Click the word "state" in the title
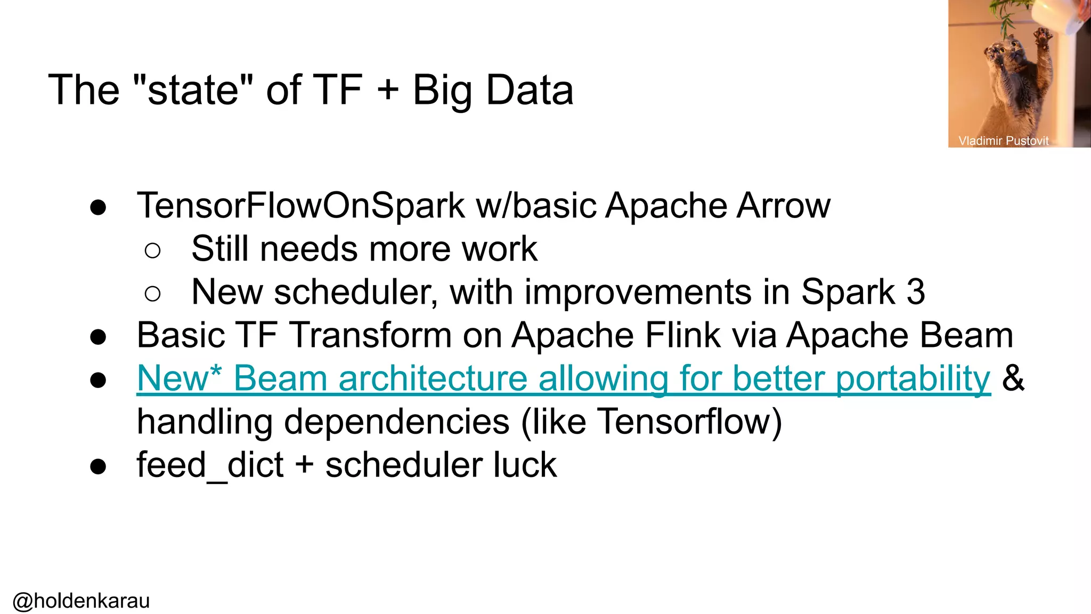point(192,90)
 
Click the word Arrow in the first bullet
point(783,206)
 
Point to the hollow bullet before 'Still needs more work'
point(152,250)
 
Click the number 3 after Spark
point(915,292)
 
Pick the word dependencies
point(396,422)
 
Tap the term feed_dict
point(210,465)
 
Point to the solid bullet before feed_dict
point(98,467)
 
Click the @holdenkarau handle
point(81,601)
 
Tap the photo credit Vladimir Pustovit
point(1003,141)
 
